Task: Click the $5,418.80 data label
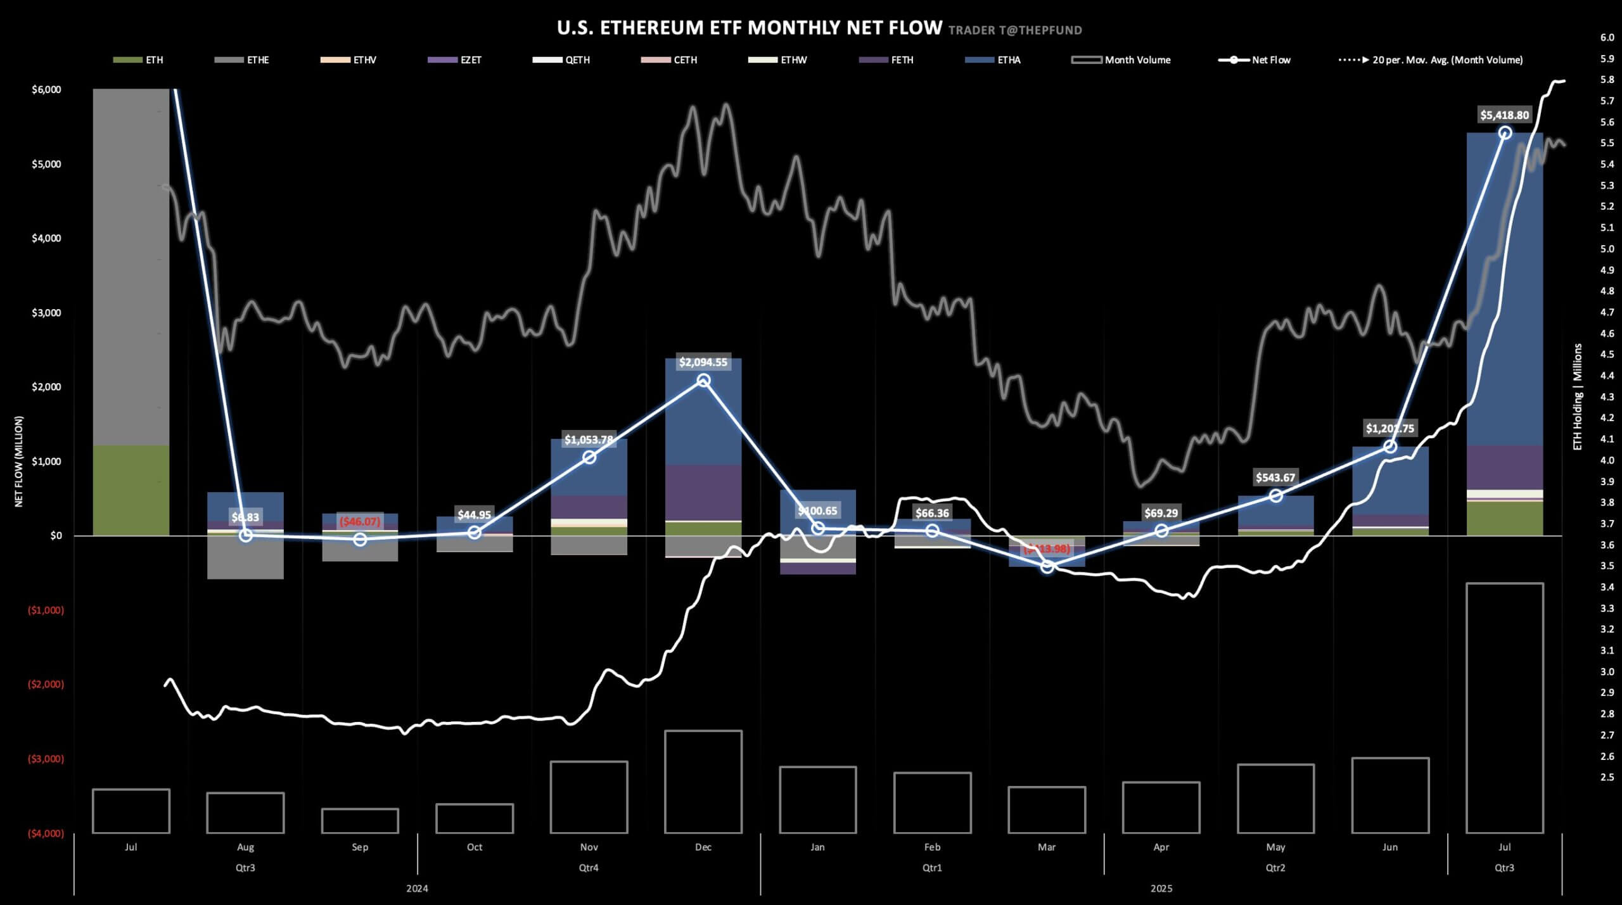pyautogui.click(x=1504, y=115)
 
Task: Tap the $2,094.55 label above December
pyautogui.click(x=703, y=362)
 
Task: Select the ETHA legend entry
pyautogui.click(x=1008, y=60)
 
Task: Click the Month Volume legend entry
pyautogui.click(x=1137, y=60)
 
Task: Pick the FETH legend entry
pyautogui.click(x=902, y=60)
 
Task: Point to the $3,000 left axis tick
pyautogui.click(x=46, y=313)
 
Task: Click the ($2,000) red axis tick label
pyautogui.click(x=46, y=685)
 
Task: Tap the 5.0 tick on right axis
pyautogui.click(x=1607, y=249)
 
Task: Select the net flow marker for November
pyautogui.click(x=589, y=457)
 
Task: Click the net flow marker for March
pyautogui.click(x=1047, y=567)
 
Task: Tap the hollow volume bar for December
pyautogui.click(x=703, y=782)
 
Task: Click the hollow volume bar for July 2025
pyautogui.click(x=1504, y=707)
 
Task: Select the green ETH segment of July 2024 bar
pyautogui.click(x=131, y=490)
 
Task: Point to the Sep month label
pyautogui.click(x=360, y=847)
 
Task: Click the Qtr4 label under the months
pyautogui.click(x=589, y=868)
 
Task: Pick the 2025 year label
pyautogui.click(x=1161, y=889)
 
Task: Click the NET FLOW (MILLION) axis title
pyautogui.click(x=19, y=461)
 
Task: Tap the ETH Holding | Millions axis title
pyautogui.click(x=1577, y=396)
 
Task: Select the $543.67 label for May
pyautogui.click(x=1275, y=478)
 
